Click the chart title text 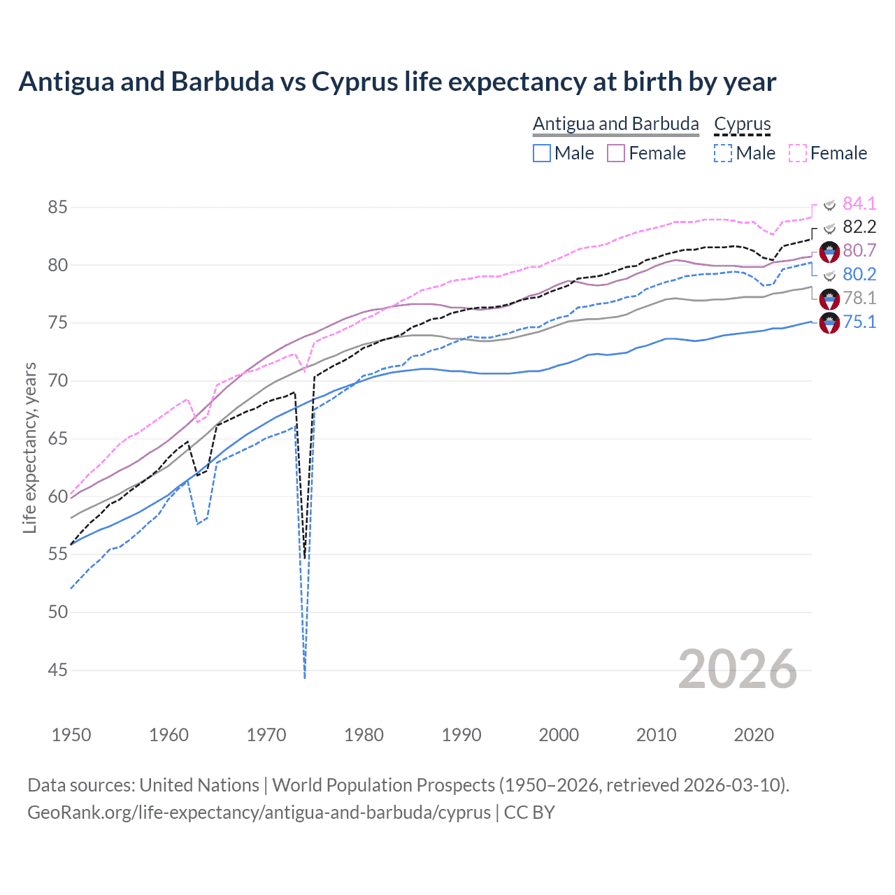pyautogui.click(x=397, y=82)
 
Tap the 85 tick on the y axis pyautogui.click(x=58, y=208)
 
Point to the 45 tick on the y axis pyautogui.click(x=58, y=670)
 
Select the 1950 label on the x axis pyautogui.click(x=71, y=735)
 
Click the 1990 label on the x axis pyautogui.click(x=461, y=735)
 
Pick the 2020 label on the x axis pyautogui.click(x=754, y=735)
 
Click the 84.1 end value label pyautogui.click(x=859, y=203)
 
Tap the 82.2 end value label pyautogui.click(x=859, y=227)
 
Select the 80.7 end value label pyautogui.click(x=859, y=250)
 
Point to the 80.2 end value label pyautogui.click(x=859, y=274)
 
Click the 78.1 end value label pyautogui.click(x=859, y=298)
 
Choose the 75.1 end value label pyautogui.click(x=859, y=322)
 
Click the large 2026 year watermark pyautogui.click(x=738, y=669)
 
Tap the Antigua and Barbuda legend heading pyautogui.click(x=615, y=124)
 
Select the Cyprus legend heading pyautogui.click(x=742, y=124)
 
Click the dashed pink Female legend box pyautogui.click(x=798, y=153)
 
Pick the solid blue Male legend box pyautogui.click(x=542, y=153)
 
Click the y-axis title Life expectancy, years pyautogui.click(x=30, y=447)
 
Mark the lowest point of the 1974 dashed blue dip pyautogui.click(x=305, y=677)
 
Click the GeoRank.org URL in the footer pyautogui.click(x=259, y=812)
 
